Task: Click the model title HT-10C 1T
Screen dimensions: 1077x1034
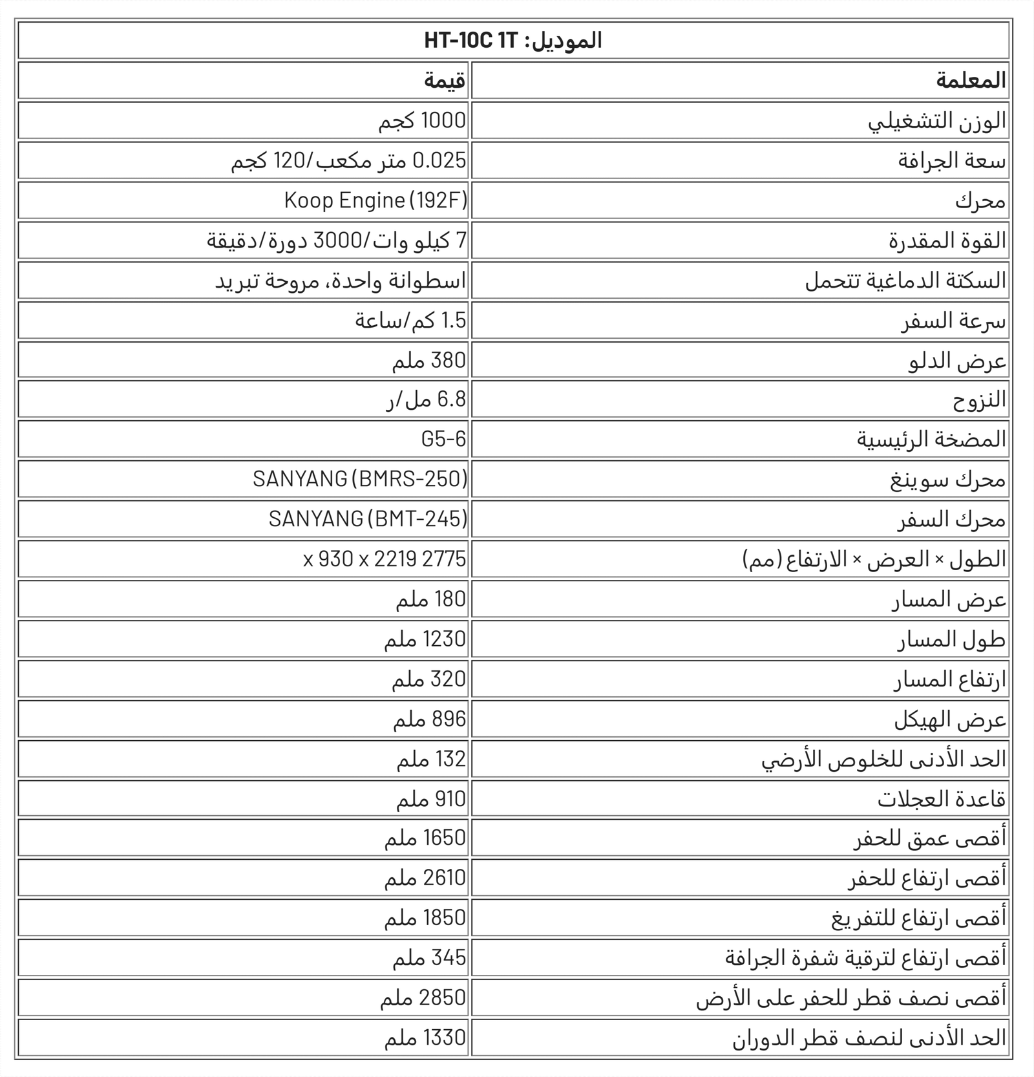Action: pyautogui.click(x=513, y=41)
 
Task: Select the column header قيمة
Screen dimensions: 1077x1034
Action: pyautogui.click(x=445, y=81)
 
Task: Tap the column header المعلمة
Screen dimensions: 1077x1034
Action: pyautogui.click(x=971, y=81)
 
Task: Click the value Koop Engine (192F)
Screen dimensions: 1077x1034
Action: pyautogui.click(x=375, y=200)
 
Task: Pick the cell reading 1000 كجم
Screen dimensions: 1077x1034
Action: pyautogui.click(x=422, y=121)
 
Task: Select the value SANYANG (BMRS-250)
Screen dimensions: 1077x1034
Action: pyautogui.click(x=360, y=479)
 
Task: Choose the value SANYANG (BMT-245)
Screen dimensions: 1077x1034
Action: pyautogui.click(x=368, y=519)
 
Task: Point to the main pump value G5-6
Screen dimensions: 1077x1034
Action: pyautogui.click(x=443, y=440)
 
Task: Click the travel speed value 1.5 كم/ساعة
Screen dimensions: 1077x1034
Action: pyautogui.click(x=410, y=321)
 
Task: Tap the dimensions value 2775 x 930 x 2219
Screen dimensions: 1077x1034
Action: pyautogui.click(x=385, y=559)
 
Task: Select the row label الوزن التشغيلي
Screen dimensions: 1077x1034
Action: pyautogui.click(x=936, y=121)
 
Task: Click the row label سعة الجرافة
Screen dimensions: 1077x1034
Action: pyautogui.click(x=951, y=161)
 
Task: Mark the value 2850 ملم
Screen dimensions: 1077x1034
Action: pyautogui.click(x=423, y=997)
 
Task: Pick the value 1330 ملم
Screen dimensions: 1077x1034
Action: pyautogui.click(x=425, y=1038)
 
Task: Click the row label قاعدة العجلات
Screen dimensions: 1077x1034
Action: pyautogui.click(x=942, y=799)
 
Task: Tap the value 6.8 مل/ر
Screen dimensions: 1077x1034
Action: pyautogui.click(x=426, y=400)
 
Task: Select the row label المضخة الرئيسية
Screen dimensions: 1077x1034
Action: pyautogui.click(x=931, y=440)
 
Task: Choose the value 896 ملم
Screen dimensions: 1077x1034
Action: pyautogui.click(x=429, y=720)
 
